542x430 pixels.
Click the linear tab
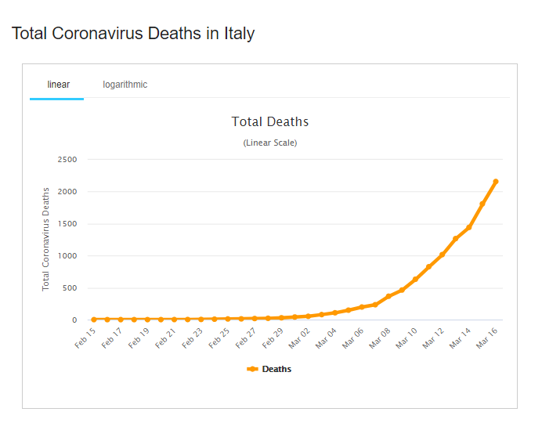pyautogui.click(x=58, y=85)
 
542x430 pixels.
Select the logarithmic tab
pyautogui.click(x=125, y=85)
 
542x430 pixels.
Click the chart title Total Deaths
pyautogui.click(x=270, y=121)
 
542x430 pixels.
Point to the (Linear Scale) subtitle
pyautogui.click(x=270, y=143)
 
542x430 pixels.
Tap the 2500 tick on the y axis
pyautogui.click(x=67, y=160)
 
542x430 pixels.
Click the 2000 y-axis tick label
pyautogui.click(x=67, y=192)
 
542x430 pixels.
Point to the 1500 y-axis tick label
pyautogui.click(x=67, y=224)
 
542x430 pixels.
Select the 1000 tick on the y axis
pyautogui.click(x=67, y=256)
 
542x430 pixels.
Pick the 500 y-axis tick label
pyautogui.click(x=70, y=288)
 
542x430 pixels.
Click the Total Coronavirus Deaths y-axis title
pyautogui.click(x=46, y=239)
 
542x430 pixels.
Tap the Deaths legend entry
pyautogui.click(x=269, y=369)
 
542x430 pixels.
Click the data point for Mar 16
pyautogui.click(x=496, y=182)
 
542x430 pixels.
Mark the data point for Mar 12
pyautogui.click(x=442, y=255)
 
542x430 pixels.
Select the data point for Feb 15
pyautogui.click(x=94, y=320)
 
